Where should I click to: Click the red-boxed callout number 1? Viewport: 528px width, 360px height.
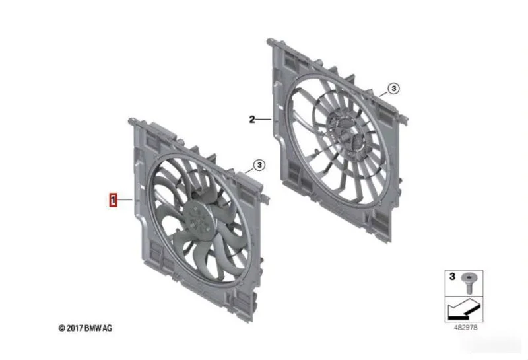coord(114,200)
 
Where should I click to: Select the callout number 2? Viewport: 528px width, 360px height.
coord(252,119)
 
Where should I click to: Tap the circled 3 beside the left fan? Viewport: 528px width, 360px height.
coord(259,165)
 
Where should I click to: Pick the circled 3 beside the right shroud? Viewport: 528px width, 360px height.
coord(393,89)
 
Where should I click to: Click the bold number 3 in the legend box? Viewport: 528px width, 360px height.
coord(452,276)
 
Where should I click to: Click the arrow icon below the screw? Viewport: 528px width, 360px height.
coord(463,309)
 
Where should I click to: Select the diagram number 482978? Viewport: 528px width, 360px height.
coord(466,327)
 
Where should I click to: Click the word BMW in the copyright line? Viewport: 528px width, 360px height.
coord(92,328)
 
